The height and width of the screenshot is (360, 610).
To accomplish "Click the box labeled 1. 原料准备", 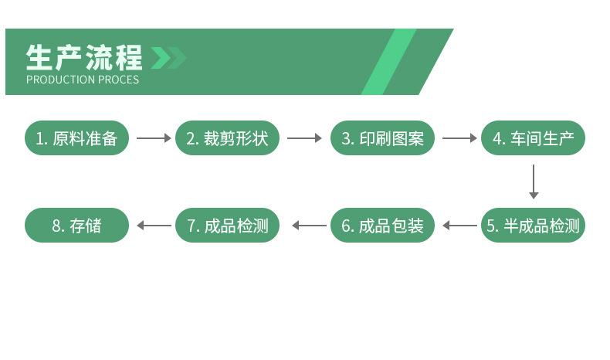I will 76,138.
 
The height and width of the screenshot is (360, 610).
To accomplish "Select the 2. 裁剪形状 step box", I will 227,138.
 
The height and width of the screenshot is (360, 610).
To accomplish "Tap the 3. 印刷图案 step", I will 383,138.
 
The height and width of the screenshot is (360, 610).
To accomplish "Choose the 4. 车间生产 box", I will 534,138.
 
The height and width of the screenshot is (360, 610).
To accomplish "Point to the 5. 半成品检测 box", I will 534,226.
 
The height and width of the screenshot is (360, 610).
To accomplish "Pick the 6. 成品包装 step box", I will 383,226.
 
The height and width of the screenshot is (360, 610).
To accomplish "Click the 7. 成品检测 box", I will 227,226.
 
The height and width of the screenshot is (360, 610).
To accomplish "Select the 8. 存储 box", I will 76,226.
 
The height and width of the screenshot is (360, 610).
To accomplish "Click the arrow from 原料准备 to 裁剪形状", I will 153,138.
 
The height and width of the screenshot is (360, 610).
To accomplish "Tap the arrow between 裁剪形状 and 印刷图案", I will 304,138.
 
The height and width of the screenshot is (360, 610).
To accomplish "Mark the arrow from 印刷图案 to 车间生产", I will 459,138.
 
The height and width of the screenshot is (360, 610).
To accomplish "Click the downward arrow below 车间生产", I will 534,182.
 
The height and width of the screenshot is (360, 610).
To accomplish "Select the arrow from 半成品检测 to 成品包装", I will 459,226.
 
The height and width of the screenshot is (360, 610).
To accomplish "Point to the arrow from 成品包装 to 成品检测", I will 309,226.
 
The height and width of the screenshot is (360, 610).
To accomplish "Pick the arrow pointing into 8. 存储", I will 153,226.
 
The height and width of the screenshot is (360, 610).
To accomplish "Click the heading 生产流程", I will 85,58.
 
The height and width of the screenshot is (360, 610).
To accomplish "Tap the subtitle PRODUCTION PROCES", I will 83,80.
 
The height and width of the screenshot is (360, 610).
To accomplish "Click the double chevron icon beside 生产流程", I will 168,58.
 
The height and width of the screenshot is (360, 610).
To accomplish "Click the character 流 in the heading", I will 100,58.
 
